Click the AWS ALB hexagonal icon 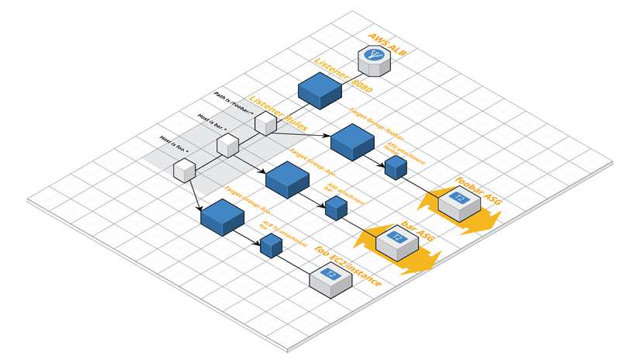(x=374, y=60)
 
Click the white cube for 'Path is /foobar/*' (x=265, y=123)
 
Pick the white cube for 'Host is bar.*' (x=227, y=145)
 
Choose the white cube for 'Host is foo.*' (x=185, y=169)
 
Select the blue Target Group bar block (x=288, y=178)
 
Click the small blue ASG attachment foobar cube (x=396, y=167)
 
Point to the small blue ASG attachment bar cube (x=335, y=207)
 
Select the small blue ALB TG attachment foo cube (x=271, y=246)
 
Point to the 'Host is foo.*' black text (x=175, y=141)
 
